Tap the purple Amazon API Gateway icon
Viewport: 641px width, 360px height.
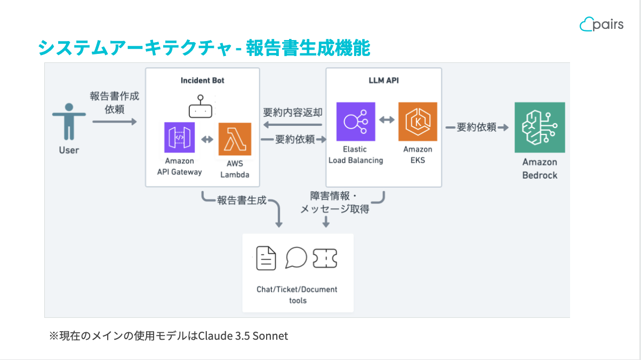pos(180,139)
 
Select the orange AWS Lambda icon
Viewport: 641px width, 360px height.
pos(234,139)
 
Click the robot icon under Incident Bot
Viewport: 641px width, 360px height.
pos(201,107)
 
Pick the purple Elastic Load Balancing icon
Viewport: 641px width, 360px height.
pos(356,122)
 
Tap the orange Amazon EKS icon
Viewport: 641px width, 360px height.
pos(418,122)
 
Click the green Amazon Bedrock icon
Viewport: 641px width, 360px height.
pos(540,128)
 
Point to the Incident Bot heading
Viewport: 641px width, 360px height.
pos(203,81)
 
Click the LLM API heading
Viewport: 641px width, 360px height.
pos(384,81)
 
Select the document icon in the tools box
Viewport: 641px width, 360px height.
pos(266,258)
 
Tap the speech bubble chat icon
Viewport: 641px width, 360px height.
pos(296,258)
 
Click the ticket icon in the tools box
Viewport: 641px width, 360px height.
pos(325,258)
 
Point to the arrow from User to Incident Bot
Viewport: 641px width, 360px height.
pos(114,122)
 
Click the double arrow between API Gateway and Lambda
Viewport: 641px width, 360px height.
pos(207,140)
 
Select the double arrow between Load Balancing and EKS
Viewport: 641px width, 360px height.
pos(387,120)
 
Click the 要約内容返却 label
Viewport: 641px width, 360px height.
pos(292,113)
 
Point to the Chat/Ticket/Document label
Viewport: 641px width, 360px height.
pos(297,290)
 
